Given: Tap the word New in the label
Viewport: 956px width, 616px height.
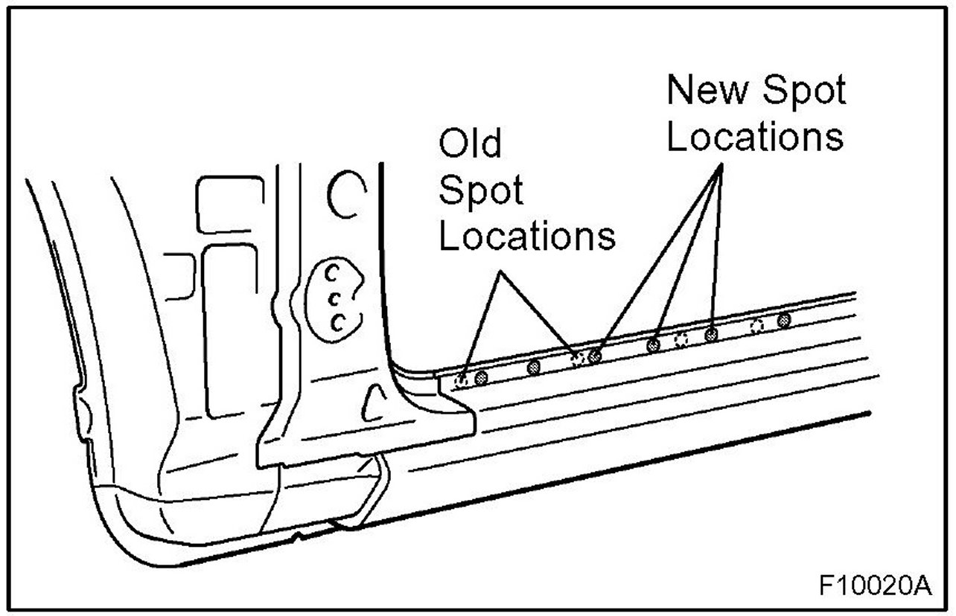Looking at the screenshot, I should (699, 91).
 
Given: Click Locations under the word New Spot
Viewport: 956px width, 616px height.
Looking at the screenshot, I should (754, 138).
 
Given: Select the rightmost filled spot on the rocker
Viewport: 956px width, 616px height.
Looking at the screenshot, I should (783, 321).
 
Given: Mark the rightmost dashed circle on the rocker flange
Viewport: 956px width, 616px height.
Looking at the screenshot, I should (757, 326).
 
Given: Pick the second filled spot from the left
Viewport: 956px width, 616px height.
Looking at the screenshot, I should (535, 367).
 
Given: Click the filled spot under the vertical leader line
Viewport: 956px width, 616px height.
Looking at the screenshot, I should (711, 334).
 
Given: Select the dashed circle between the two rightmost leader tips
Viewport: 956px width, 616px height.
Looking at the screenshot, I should (681, 340).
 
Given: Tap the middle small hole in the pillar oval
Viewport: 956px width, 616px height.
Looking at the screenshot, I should (334, 298).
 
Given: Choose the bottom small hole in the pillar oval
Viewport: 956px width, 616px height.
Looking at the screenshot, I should (338, 322).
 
